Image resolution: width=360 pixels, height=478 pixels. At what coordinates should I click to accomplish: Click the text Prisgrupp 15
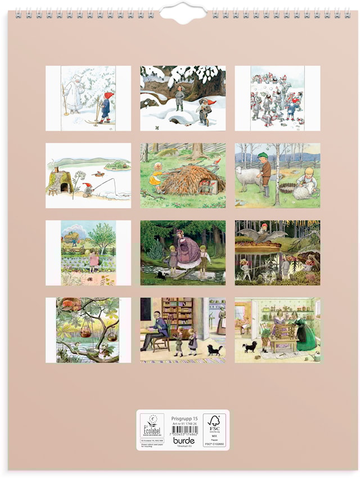184,418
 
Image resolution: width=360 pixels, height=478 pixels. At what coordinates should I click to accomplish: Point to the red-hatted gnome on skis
105,107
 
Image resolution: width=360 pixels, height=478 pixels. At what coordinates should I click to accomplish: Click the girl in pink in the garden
93,260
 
